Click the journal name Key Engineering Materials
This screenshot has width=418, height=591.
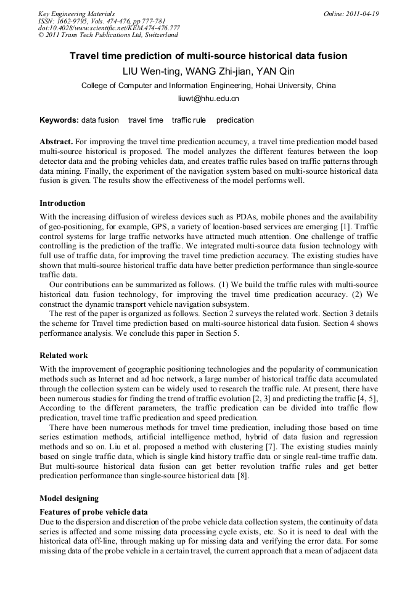pyautogui.click(x=76, y=14)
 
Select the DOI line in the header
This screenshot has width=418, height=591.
pyautogui.click(x=109, y=28)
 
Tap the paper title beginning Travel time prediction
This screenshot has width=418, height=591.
pyautogui.click(x=208, y=56)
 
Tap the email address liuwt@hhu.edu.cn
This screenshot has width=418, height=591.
pyautogui.click(x=208, y=99)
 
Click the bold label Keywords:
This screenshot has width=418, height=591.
pyautogui.click(x=59, y=120)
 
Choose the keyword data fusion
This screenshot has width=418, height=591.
pyautogui.click(x=100, y=120)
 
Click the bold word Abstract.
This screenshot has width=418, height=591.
pyautogui.click(x=56, y=142)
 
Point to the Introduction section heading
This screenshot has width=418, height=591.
pyautogui.click(x=62, y=203)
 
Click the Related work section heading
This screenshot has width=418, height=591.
pyautogui.click(x=64, y=356)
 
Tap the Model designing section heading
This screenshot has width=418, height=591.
pyautogui.click(x=68, y=498)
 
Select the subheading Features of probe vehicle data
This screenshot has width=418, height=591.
pyautogui.click(x=93, y=512)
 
